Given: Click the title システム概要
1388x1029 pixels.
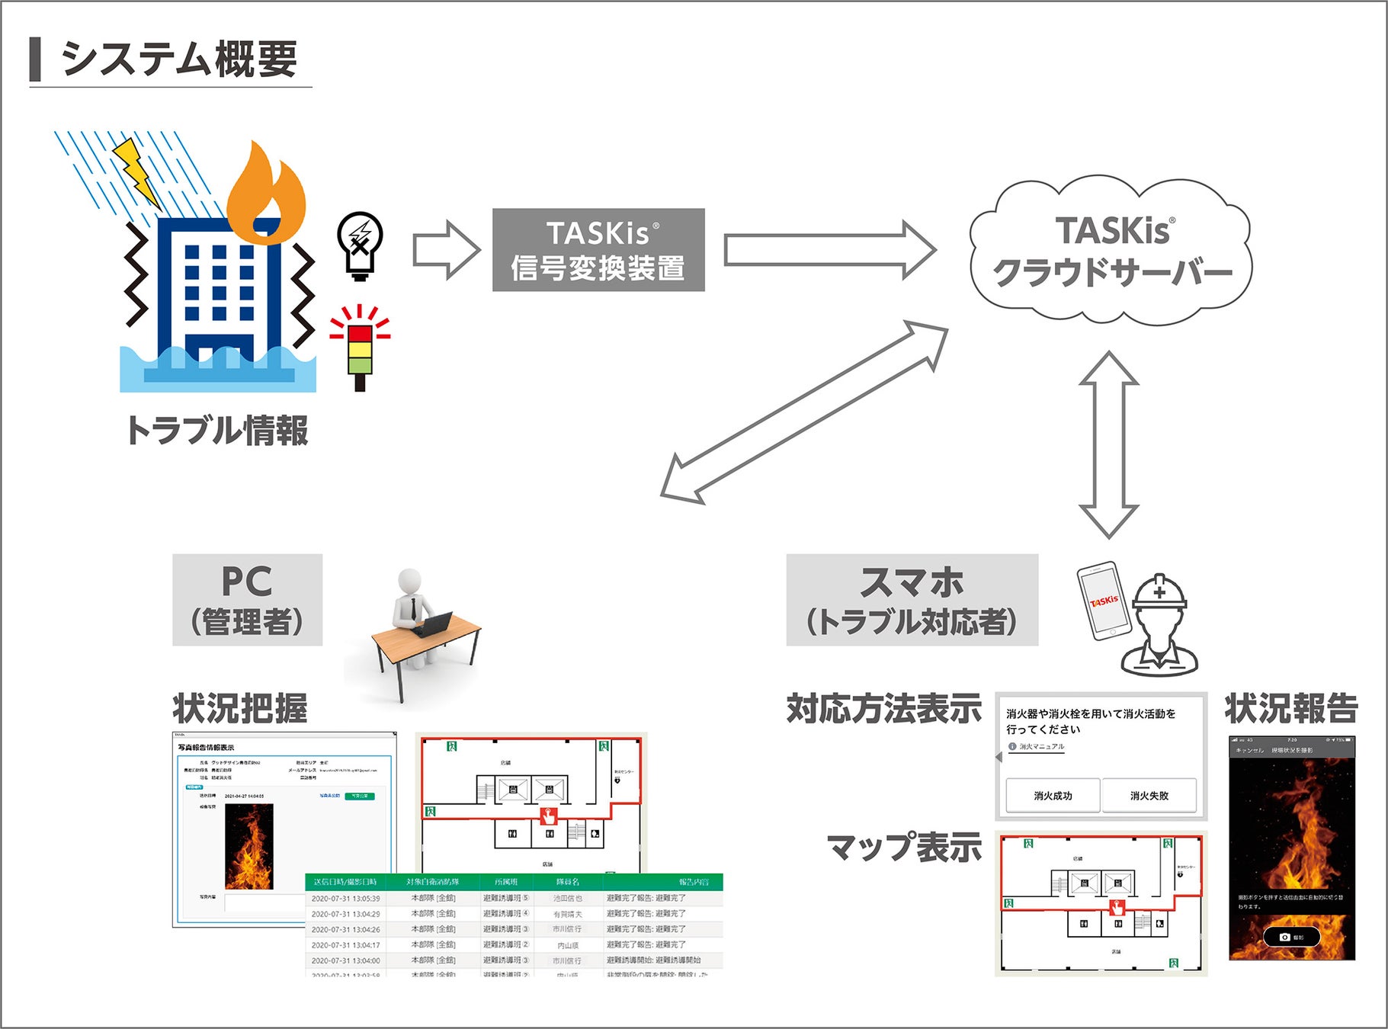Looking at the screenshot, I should [x=178, y=59].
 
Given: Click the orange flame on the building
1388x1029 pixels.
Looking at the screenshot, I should [x=266, y=195].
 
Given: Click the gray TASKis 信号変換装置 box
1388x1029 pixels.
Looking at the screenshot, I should [x=598, y=250].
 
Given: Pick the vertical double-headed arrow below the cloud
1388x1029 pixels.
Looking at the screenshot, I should [x=1109, y=445].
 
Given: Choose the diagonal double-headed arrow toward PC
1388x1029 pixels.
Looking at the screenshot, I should [x=804, y=412].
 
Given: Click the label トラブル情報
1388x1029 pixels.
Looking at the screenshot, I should [x=217, y=431].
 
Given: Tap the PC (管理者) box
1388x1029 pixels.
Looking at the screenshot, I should [x=247, y=601].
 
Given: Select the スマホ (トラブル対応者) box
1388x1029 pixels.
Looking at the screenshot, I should [x=912, y=601].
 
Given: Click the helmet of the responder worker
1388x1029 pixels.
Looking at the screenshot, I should [x=1159, y=593].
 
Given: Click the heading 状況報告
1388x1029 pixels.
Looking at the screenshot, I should [x=1291, y=708].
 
